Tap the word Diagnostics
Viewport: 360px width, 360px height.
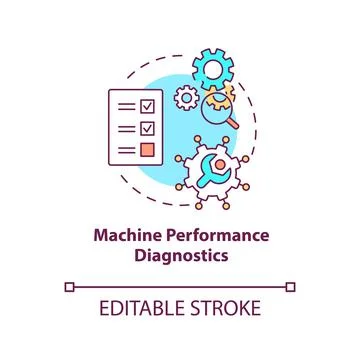click(x=180, y=255)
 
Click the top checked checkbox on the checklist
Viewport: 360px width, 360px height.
click(x=146, y=105)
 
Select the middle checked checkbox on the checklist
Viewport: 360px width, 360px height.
click(x=146, y=127)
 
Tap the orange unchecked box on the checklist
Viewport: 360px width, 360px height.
click(x=146, y=150)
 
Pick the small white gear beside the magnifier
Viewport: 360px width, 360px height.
click(x=185, y=98)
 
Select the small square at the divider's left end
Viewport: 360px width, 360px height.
click(x=69, y=287)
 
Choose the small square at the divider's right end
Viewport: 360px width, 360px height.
click(x=290, y=287)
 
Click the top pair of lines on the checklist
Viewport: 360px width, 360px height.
click(x=124, y=105)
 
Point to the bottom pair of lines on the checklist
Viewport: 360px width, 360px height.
click(x=124, y=150)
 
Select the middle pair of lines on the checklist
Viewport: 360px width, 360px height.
click(x=124, y=127)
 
